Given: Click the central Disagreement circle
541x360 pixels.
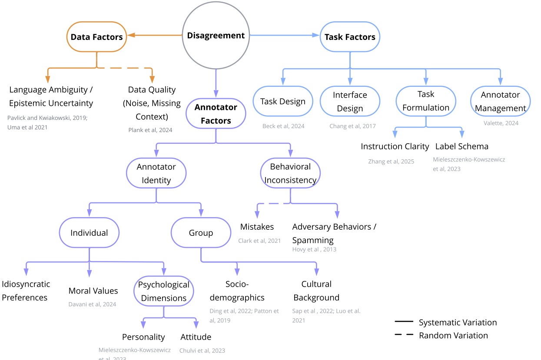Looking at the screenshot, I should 216,36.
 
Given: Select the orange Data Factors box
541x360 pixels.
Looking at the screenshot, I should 96,37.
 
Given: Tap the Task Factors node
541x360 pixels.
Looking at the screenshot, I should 350,37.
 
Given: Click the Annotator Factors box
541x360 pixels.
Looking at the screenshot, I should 216,113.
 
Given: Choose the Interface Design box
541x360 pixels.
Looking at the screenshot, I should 350,102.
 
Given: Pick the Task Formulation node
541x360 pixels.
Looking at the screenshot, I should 426,101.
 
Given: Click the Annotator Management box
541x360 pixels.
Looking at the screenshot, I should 500,102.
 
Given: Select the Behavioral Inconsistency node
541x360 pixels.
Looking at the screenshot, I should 290,173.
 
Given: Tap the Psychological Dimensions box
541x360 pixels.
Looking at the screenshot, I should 164,291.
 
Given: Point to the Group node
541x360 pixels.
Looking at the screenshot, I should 201,233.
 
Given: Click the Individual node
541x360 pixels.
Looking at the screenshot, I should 89,233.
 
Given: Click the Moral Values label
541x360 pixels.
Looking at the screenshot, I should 93,291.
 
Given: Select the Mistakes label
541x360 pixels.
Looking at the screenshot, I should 257,227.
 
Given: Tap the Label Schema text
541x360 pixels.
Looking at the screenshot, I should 461,146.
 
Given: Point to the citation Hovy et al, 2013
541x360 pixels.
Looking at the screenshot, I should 314,249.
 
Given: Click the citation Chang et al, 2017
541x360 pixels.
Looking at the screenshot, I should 352,126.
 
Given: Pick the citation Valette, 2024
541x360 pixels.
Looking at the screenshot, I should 501,123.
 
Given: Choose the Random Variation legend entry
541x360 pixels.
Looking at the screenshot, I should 453,336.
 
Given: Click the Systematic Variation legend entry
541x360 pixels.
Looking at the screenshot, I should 458,323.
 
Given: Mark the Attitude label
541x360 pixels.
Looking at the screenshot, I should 196,337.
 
